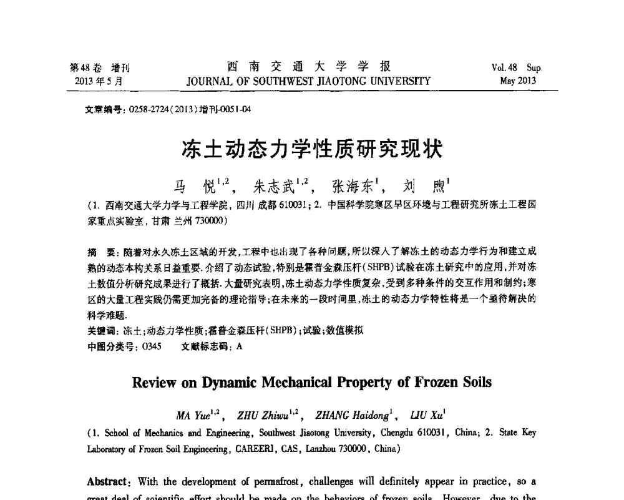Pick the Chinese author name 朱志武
coord(271,185)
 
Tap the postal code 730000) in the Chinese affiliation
coord(209,221)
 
